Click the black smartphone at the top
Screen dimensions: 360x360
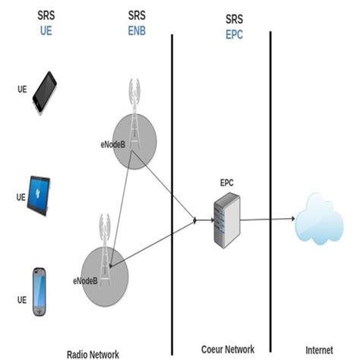45,92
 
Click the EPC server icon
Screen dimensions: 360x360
226,219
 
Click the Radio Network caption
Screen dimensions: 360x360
93,352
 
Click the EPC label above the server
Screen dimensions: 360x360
226,183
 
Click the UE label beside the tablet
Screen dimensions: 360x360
21,196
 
